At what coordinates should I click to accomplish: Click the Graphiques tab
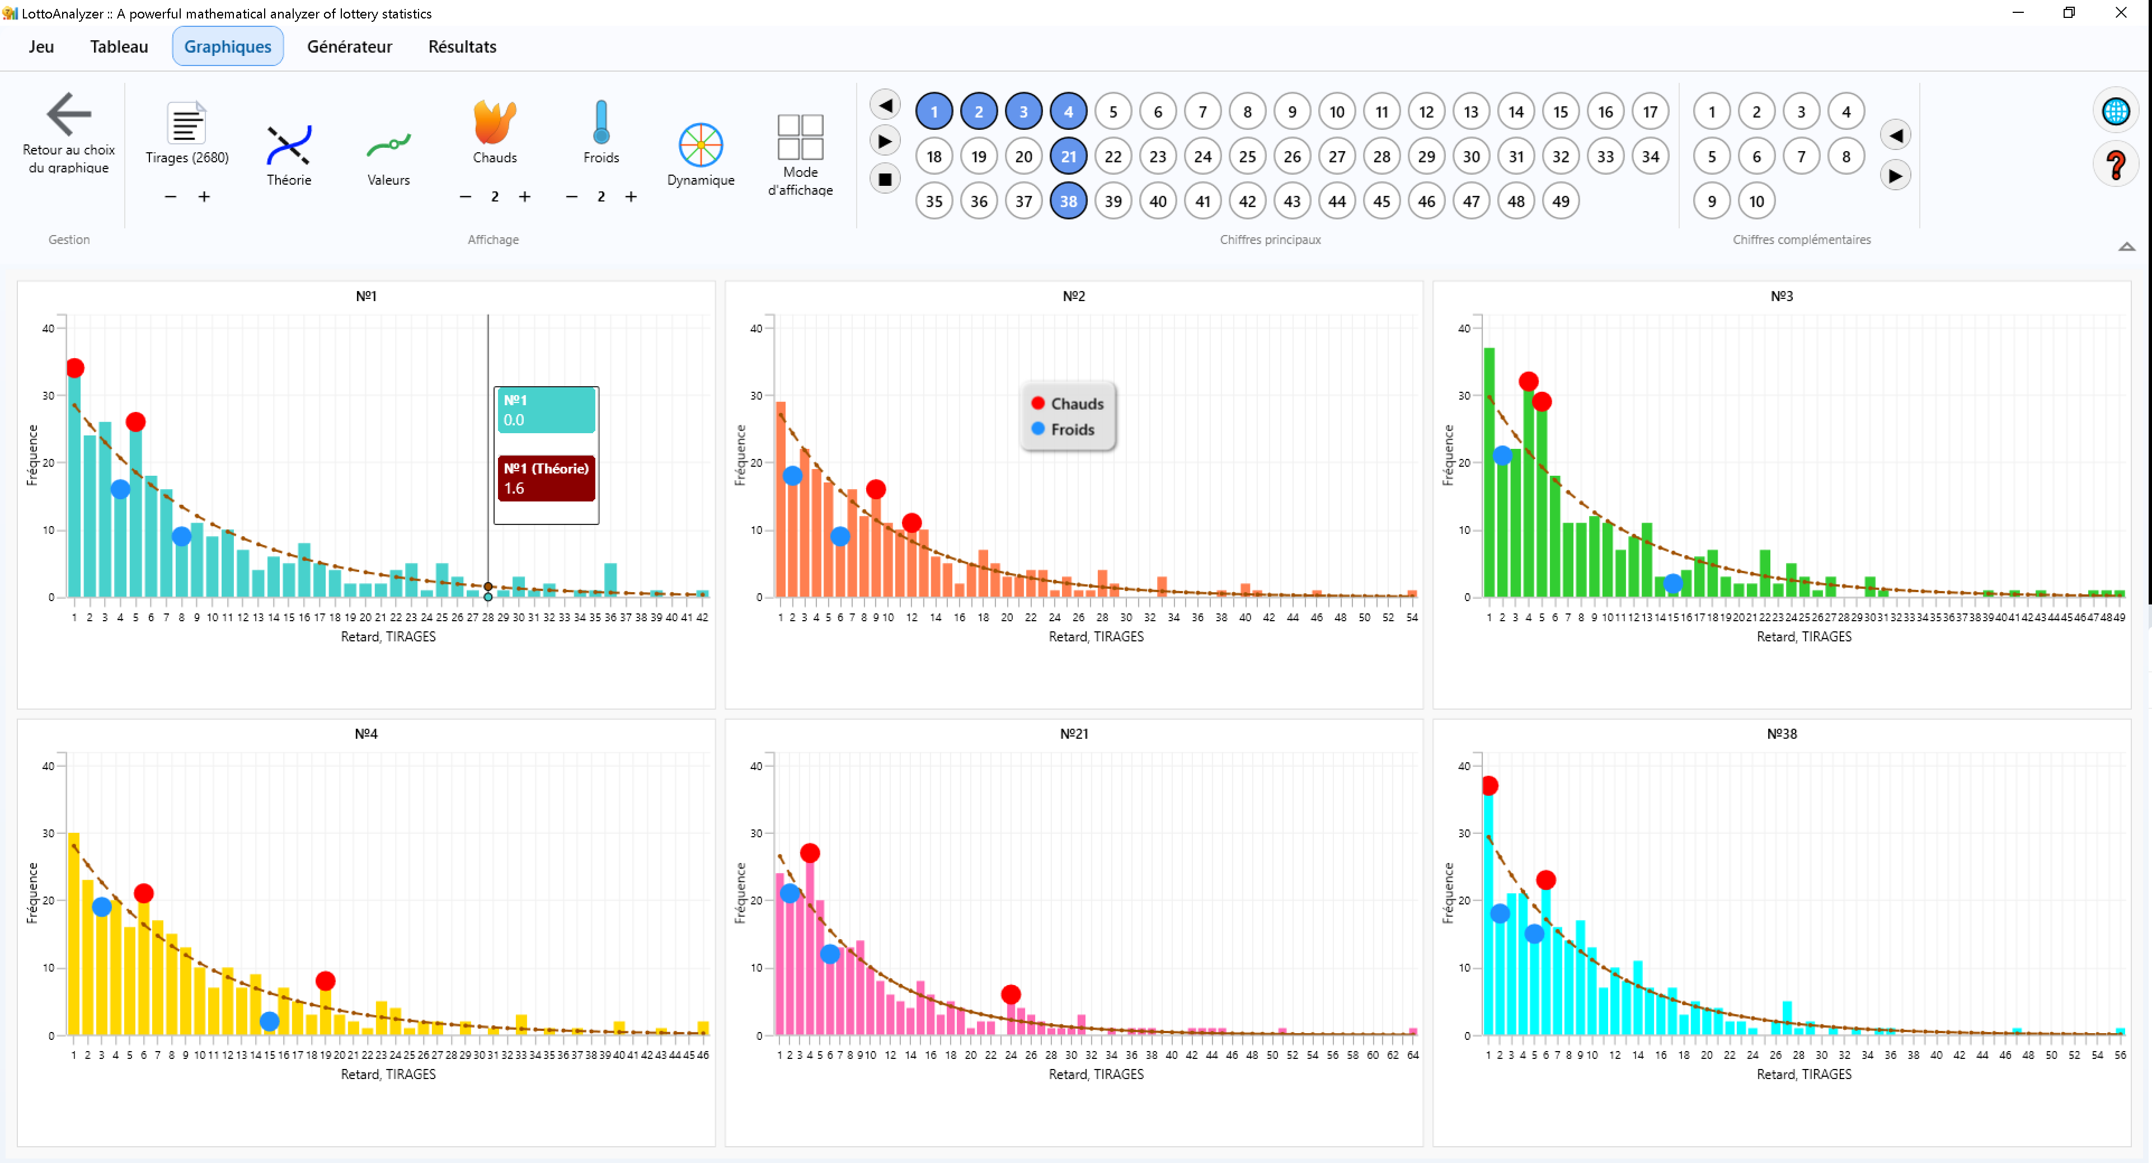click(227, 47)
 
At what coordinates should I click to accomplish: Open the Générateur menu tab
click(349, 47)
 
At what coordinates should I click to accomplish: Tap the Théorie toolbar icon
click(288, 146)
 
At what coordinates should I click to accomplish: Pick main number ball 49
click(1559, 201)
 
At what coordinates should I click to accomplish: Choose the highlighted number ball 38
click(1068, 201)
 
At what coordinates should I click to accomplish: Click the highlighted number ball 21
click(1068, 156)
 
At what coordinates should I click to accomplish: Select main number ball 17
click(1649, 112)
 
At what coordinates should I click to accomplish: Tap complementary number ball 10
click(1756, 201)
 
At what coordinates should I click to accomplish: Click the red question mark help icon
click(2115, 166)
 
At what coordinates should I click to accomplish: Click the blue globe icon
click(2115, 112)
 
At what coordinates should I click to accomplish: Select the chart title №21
click(1074, 734)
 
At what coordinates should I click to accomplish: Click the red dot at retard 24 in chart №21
click(1010, 994)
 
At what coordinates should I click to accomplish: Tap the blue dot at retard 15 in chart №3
click(1672, 584)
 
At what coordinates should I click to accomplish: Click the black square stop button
click(885, 179)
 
